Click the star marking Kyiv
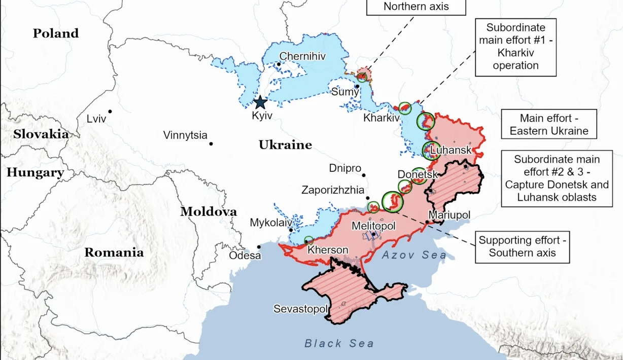(260, 102)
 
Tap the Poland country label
(56, 33)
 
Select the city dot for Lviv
(110, 111)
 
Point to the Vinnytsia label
(185, 135)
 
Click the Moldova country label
(209, 211)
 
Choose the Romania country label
(114, 253)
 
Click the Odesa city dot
(259, 247)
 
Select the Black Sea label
(339, 343)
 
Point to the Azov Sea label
(414, 255)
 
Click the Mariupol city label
(449, 215)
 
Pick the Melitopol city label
(373, 226)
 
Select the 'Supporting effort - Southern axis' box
(522, 246)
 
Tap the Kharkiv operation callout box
(515, 46)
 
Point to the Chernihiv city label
(302, 56)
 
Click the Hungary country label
(35, 172)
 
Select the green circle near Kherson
(308, 240)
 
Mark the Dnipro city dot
(364, 175)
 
